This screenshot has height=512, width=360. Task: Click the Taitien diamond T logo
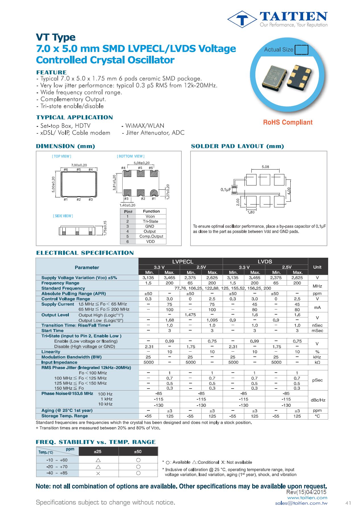coord(242,19)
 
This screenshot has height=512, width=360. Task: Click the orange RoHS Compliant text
coord(287,122)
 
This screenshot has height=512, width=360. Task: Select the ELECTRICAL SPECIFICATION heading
coord(85,253)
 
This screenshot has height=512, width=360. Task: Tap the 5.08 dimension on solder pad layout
coord(265,167)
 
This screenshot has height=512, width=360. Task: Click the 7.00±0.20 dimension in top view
coord(79,165)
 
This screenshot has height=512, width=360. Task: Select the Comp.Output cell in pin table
coord(151,236)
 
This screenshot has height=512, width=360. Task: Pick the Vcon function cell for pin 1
coord(150,216)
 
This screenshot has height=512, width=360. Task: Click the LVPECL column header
coord(183,261)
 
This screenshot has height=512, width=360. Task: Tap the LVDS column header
coord(265,261)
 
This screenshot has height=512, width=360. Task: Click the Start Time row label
coord(52,331)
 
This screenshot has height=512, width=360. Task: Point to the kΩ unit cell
coord(317,362)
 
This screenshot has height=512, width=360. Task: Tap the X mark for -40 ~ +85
coord(98,473)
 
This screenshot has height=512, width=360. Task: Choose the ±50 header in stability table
coord(138,452)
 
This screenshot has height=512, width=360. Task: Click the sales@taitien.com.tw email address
coord(301,503)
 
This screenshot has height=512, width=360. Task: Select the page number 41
coord(348,503)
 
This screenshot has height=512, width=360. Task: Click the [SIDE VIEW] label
coord(63,216)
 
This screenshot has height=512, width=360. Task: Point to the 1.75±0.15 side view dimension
coord(105,228)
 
